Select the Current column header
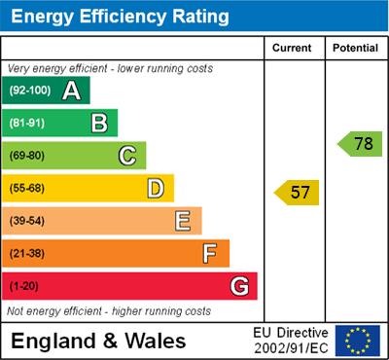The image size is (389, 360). click(292, 48)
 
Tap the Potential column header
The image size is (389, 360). click(355, 48)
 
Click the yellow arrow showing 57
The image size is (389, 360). click(298, 192)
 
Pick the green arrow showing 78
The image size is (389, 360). click(361, 144)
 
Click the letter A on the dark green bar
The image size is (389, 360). click(71, 90)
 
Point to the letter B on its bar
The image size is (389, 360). click(99, 123)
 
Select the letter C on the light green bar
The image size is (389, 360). click(126, 156)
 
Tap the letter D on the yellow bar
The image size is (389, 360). click(155, 188)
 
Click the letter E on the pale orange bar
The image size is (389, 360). click(182, 221)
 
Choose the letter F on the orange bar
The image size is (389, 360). click(209, 253)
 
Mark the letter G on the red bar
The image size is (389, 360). click(238, 286)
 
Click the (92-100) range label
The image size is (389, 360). click(30, 90)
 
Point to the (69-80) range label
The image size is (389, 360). click(27, 156)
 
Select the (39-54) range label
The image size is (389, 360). click(27, 221)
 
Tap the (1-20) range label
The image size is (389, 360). click(24, 286)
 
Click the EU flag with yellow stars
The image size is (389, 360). click(358, 341)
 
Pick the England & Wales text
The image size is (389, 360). click(99, 342)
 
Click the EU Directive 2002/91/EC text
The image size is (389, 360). click(291, 341)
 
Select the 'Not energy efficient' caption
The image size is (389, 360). click(109, 311)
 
